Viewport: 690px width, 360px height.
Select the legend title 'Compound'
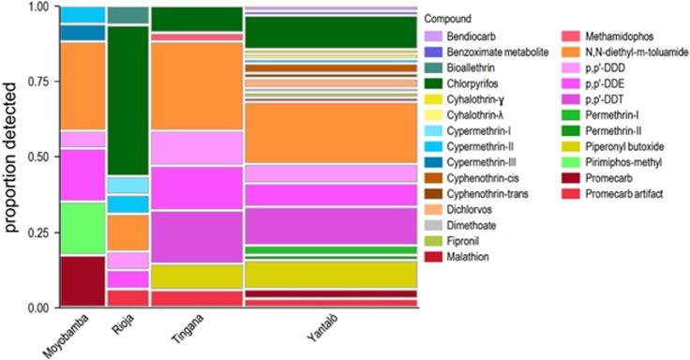447,19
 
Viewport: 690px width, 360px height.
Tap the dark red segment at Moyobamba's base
82,281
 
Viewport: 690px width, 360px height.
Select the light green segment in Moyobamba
82,228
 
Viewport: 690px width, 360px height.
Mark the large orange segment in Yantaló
330,132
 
